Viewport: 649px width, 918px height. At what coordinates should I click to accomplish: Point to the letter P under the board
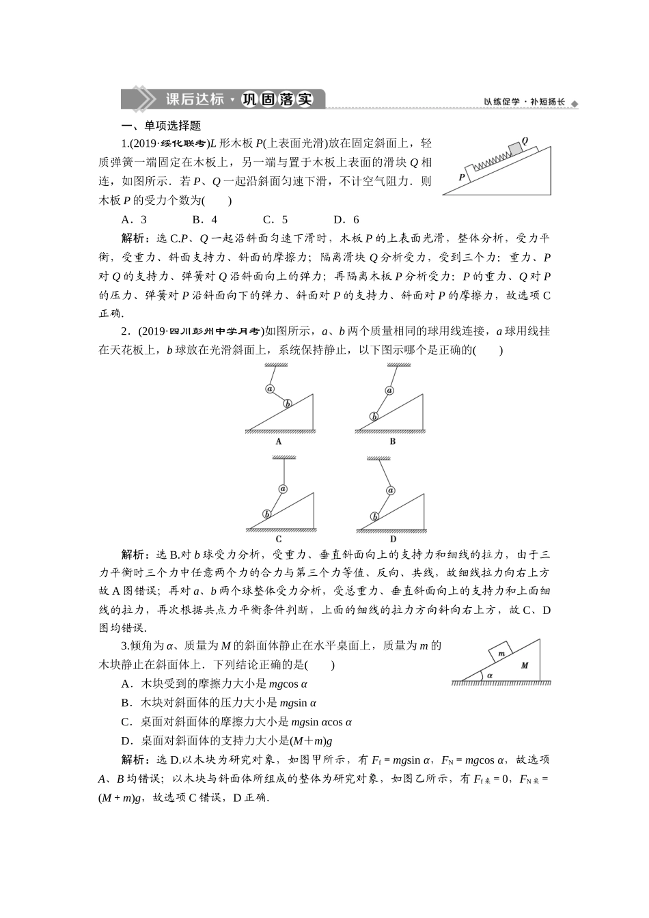[462, 176]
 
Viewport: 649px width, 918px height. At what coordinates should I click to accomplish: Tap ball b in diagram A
[288, 404]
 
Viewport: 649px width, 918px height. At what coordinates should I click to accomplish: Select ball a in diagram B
[389, 391]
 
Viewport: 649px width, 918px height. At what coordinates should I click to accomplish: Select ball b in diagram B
[374, 416]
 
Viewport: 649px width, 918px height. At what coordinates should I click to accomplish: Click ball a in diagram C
[283, 488]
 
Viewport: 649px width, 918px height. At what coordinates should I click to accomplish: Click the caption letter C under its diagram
[279, 539]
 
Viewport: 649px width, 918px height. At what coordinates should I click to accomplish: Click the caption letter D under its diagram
[393, 539]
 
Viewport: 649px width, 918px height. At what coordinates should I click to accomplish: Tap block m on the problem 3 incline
[501, 654]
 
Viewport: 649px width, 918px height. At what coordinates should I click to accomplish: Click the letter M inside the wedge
[525, 665]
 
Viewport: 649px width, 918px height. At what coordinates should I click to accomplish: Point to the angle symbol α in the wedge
[490, 676]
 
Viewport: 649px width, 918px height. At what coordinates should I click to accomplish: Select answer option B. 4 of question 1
[205, 220]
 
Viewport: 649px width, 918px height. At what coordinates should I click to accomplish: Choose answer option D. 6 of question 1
[346, 220]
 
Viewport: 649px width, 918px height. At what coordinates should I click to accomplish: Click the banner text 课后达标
[195, 99]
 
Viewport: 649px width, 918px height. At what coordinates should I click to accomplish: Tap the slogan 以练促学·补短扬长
[525, 102]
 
